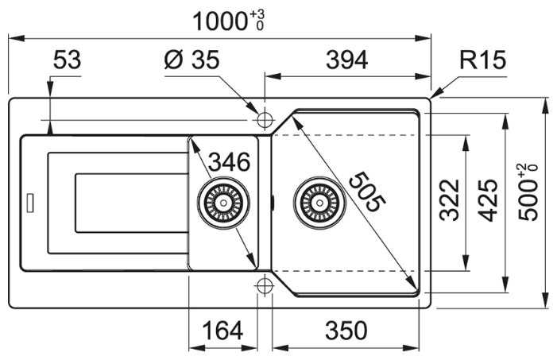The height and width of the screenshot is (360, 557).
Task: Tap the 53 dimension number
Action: [67, 60]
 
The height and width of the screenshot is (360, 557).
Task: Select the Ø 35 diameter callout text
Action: [191, 60]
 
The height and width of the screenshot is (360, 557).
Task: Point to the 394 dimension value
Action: [346, 60]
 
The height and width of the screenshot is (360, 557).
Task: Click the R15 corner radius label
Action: [482, 60]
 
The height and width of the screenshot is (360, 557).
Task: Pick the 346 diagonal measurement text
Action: [230, 162]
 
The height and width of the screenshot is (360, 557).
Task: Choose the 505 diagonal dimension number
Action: [367, 192]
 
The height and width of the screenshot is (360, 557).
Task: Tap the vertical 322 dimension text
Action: [450, 200]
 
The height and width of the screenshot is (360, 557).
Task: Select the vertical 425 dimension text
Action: [487, 200]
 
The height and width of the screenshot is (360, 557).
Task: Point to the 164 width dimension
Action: [222, 330]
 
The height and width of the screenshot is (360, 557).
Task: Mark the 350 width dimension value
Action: [346, 330]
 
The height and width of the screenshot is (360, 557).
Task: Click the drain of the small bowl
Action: [223, 203]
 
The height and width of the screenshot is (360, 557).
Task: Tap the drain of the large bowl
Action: [319, 203]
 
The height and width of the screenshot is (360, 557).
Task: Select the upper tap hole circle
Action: [265, 120]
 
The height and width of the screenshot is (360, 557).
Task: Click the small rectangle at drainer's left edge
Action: [30, 203]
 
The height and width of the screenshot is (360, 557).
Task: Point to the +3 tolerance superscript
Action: [257, 14]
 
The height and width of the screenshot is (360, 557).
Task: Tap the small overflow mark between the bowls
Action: [272, 203]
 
